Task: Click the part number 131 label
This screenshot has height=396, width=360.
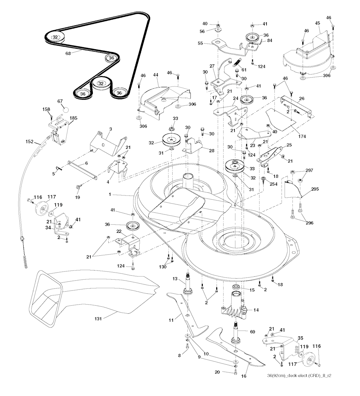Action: pos(98,319)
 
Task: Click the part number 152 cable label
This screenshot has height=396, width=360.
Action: pos(30,142)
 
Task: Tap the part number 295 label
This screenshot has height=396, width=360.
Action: pos(315,189)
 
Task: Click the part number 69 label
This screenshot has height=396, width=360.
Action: pos(252,331)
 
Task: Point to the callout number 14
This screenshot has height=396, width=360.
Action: pos(256,310)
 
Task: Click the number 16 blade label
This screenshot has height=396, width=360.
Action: pos(244,376)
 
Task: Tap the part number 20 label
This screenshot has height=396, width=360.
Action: pos(227,372)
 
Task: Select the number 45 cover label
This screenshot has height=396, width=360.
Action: pos(317,23)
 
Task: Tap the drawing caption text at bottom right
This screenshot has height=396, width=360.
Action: pos(299,376)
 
